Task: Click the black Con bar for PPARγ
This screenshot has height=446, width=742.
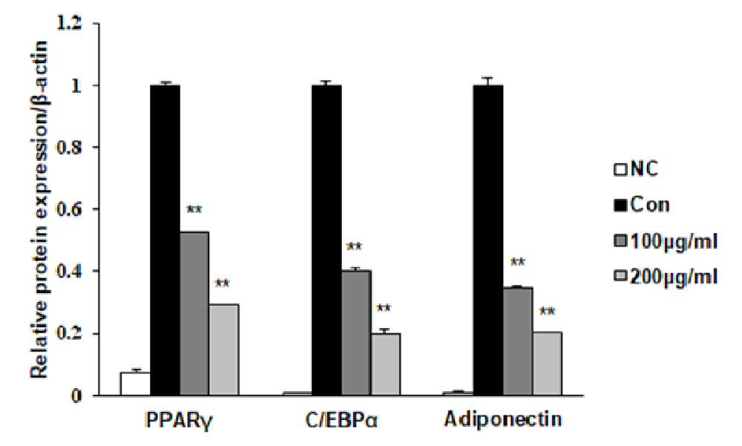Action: [165, 240]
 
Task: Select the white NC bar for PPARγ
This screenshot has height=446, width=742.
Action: [135, 384]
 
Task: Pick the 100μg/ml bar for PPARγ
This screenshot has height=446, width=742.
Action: [194, 313]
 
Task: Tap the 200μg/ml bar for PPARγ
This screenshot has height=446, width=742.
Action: [223, 350]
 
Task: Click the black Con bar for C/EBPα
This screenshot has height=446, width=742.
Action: [326, 240]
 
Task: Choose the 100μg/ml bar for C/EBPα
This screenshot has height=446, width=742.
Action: [356, 333]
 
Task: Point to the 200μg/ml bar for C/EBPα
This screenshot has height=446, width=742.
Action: [385, 364]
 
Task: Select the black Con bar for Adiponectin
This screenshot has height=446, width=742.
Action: [488, 240]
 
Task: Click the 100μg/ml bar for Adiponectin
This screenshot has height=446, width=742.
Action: [518, 341]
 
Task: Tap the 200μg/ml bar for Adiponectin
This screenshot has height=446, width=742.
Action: [547, 364]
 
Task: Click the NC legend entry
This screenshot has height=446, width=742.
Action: [636, 169]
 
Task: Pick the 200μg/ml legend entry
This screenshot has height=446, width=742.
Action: [666, 276]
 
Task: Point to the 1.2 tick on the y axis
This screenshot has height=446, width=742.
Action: [93, 23]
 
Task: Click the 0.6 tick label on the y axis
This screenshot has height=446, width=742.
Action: [70, 209]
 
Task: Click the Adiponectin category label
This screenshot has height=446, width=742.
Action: [503, 419]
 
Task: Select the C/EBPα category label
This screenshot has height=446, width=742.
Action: [341, 420]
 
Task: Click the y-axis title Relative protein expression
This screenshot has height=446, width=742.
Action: [40, 209]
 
